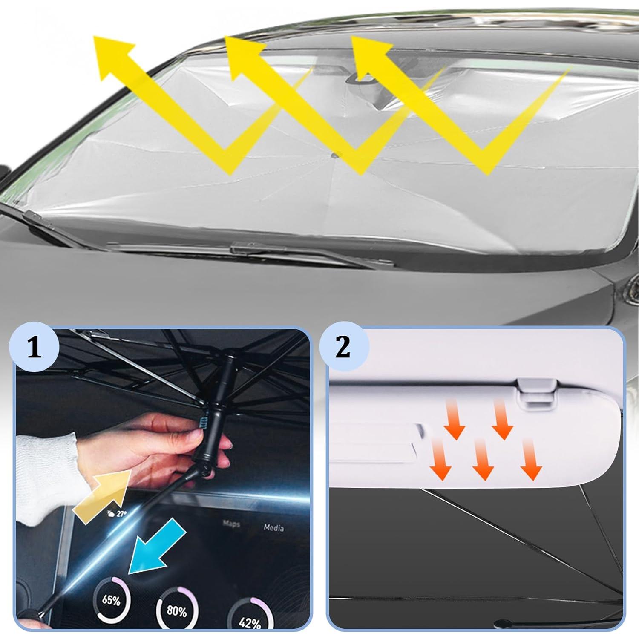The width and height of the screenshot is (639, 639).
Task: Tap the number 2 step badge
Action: click(x=343, y=348)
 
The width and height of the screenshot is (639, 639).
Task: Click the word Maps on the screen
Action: click(x=231, y=524)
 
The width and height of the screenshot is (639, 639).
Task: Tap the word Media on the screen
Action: click(x=273, y=527)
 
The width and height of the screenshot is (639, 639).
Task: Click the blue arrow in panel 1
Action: click(x=157, y=545)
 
